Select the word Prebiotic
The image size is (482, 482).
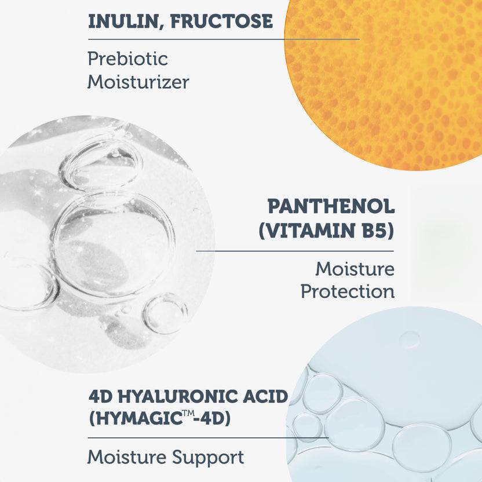(x=127, y=59)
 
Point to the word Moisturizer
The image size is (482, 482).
(x=138, y=82)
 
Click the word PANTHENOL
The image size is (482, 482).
(x=331, y=206)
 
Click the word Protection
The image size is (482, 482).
(x=348, y=291)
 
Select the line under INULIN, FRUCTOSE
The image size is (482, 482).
(x=224, y=39)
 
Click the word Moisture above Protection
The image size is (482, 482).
(x=355, y=268)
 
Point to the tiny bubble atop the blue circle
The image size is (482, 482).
(x=410, y=338)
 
